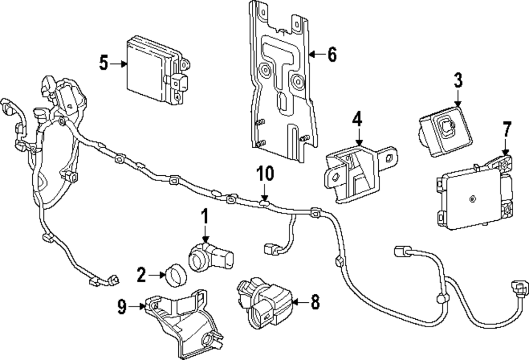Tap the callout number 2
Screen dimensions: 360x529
pyautogui.click(x=141, y=274)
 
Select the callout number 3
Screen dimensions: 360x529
pyautogui.click(x=458, y=80)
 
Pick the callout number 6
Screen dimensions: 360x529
pyautogui.click(x=332, y=54)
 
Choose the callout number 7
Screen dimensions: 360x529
pyautogui.click(x=507, y=129)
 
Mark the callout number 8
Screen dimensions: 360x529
pyautogui.click(x=315, y=302)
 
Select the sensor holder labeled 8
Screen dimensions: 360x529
pyautogui.click(x=264, y=302)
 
